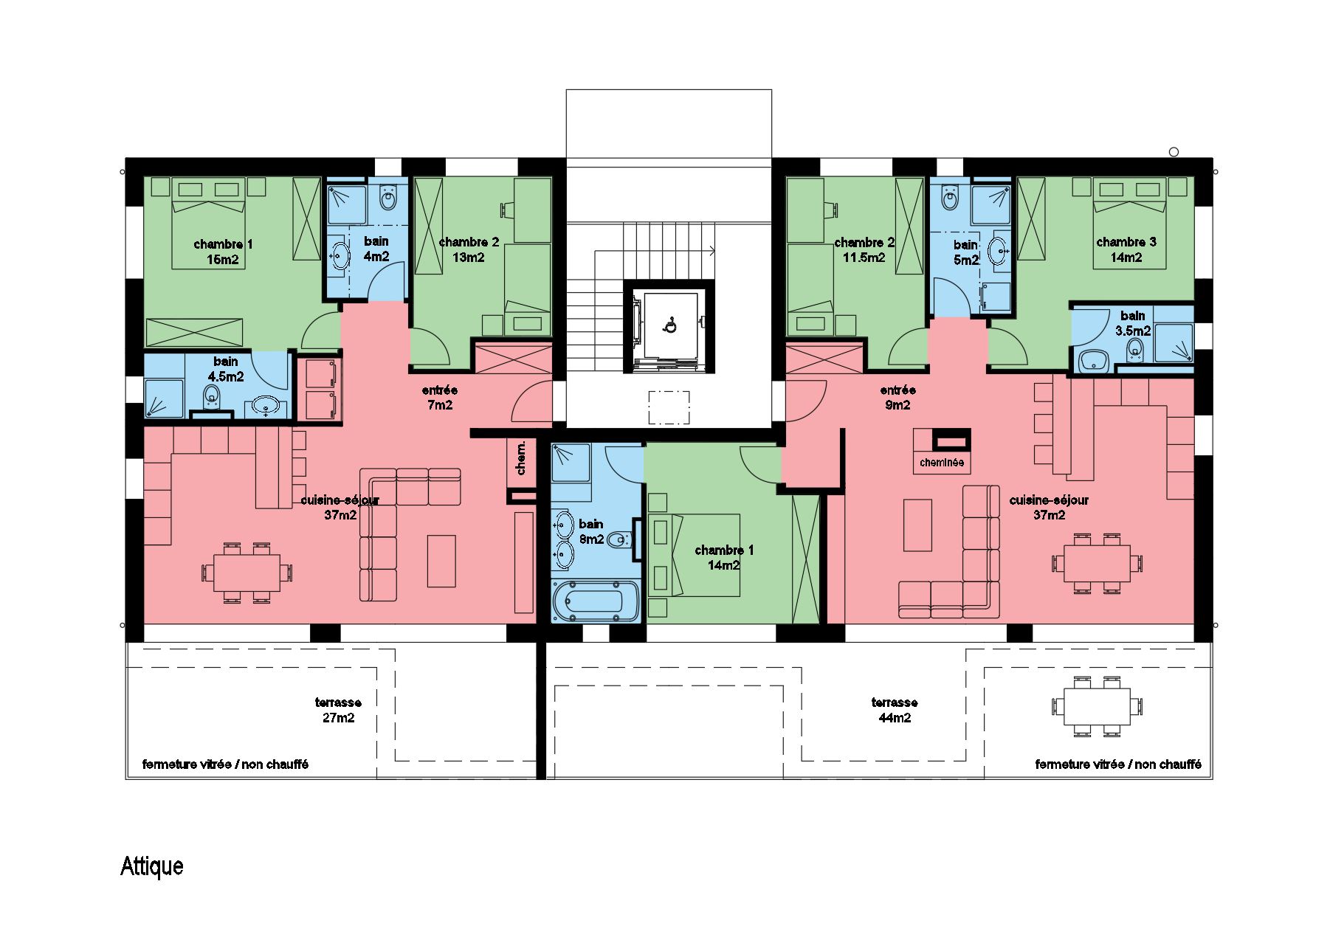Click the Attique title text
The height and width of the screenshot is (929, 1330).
(x=151, y=866)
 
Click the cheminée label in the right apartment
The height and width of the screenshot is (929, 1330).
(x=942, y=463)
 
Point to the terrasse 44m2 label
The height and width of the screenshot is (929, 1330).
(x=894, y=710)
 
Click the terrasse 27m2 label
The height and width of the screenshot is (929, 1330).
(x=338, y=710)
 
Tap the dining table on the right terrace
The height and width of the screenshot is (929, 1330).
(x=1097, y=707)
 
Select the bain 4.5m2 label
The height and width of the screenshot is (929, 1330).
(x=226, y=368)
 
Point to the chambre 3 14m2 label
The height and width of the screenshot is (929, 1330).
(x=1126, y=249)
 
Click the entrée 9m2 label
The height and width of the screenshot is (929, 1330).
(x=897, y=398)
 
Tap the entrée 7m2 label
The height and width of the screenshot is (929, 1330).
(x=440, y=398)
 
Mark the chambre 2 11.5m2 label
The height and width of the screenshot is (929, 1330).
(x=864, y=250)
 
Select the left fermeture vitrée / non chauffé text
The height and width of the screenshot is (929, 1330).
(x=225, y=764)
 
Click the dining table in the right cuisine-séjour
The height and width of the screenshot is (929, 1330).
(x=1097, y=562)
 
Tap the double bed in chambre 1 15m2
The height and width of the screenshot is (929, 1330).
(x=208, y=224)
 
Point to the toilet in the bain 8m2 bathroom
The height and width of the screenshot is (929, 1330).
(x=621, y=539)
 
